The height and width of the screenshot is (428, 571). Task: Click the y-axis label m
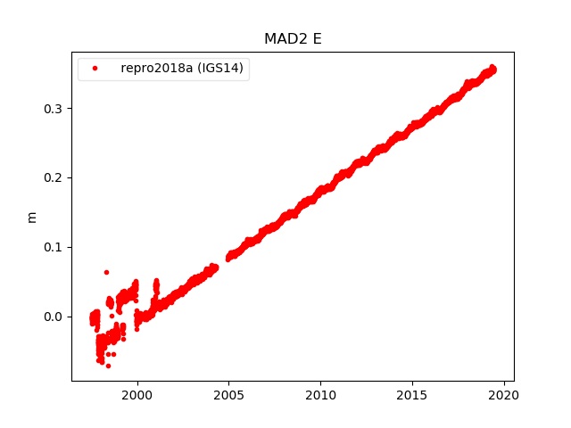click(x=32, y=217)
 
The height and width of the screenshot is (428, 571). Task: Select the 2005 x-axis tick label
click(x=228, y=395)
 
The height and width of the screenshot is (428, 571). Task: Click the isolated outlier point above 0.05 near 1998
click(x=106, y=272)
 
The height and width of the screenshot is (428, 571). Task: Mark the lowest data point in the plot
click(x=108, y=366)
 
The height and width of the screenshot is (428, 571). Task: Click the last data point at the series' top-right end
click(x=493, y=69)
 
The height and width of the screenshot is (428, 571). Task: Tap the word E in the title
click(x=317, y=39)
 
